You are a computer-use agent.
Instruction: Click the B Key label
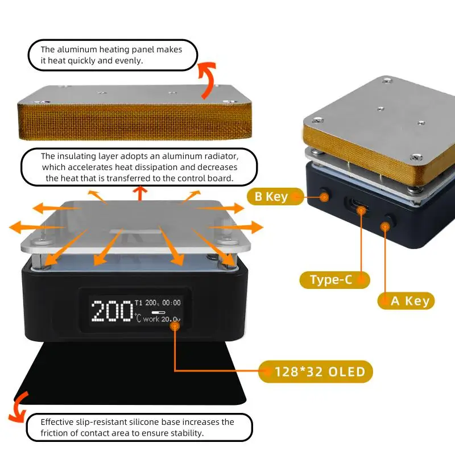pyautogui.click(x=271, y=197)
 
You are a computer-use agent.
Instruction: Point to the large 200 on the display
pyautogui.click(x=111, y=311)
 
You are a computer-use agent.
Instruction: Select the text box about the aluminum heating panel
pyautogui.click(x=112, y=55)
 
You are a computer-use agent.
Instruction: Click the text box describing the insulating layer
pyautogui.click(x=139, y=167)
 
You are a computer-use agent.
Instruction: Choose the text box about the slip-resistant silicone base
pyautogui.click(x=139, y=428)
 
